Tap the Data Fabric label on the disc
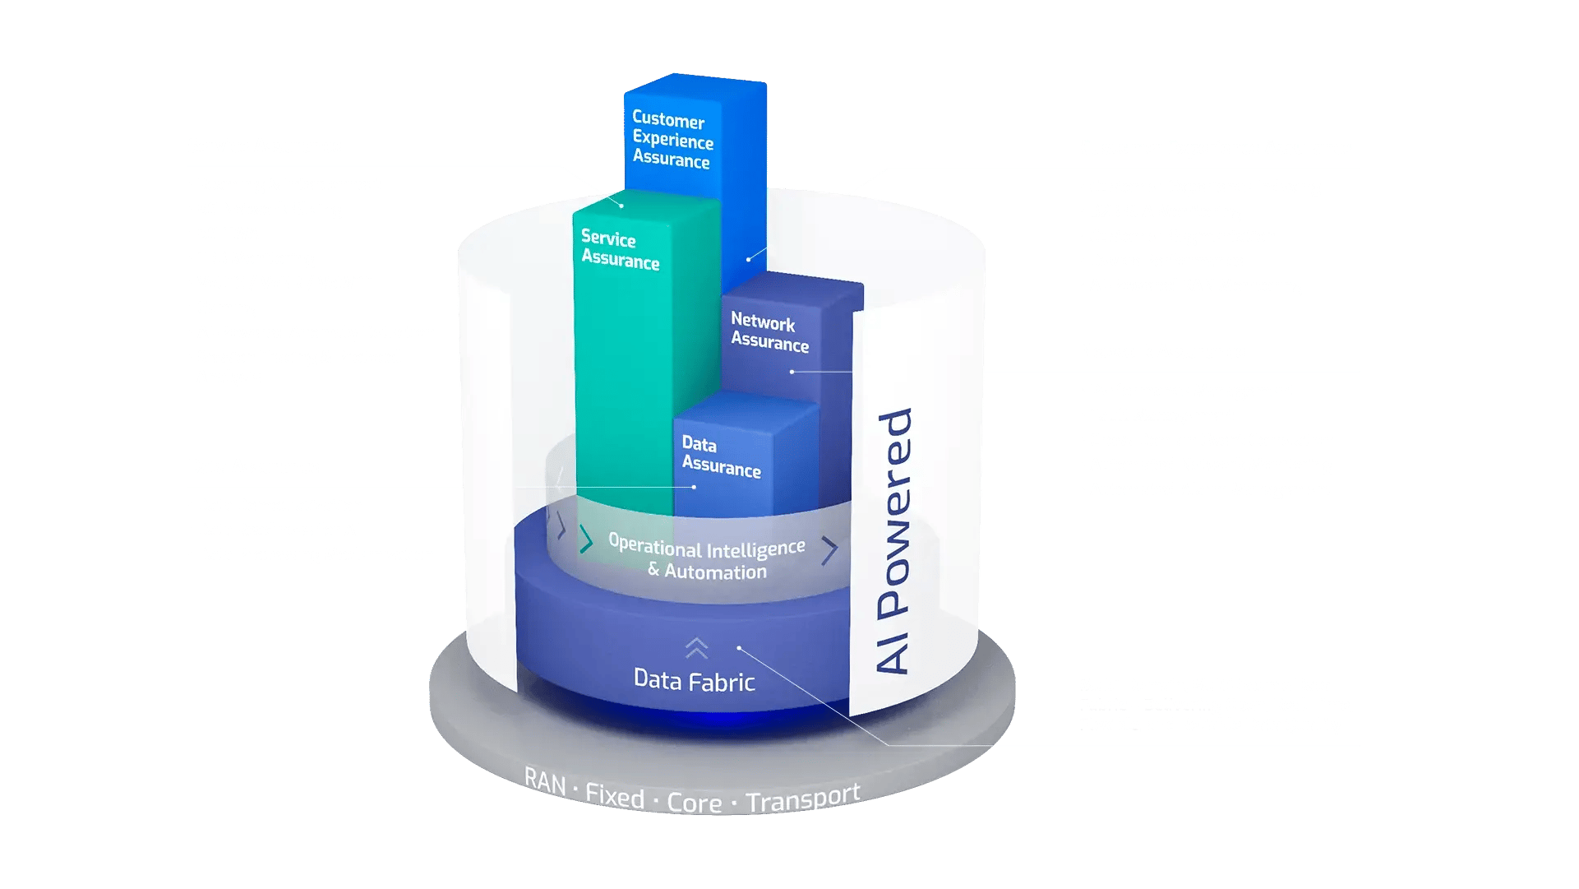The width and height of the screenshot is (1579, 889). (694, 681)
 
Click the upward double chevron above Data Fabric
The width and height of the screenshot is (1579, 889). (696, 648)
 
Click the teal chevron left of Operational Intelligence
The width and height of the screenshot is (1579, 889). (586, 539)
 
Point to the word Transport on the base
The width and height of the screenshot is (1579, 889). (803, 798)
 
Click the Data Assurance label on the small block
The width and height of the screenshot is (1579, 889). (721, 456)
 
